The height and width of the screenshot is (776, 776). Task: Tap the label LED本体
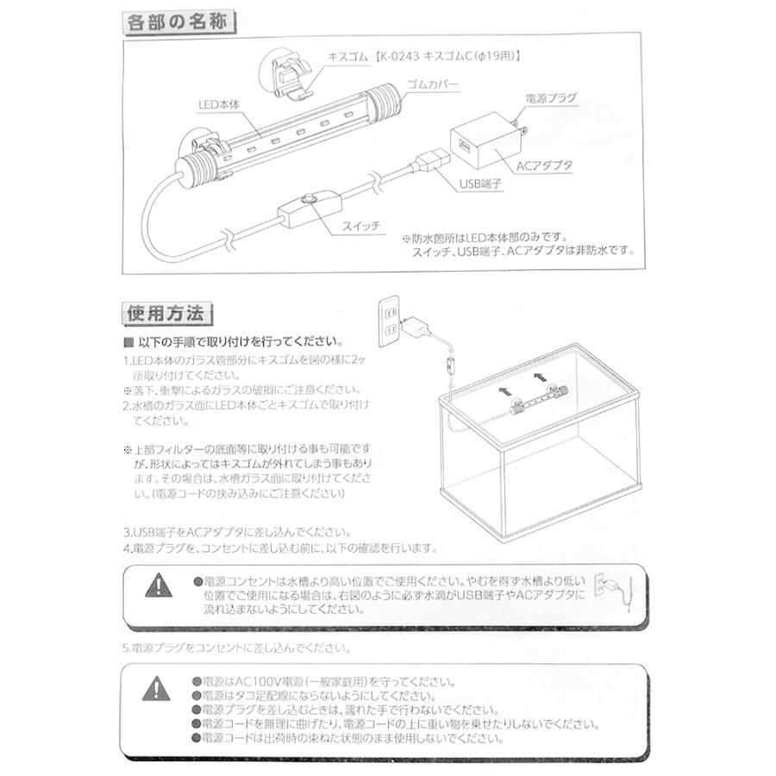[218, 103]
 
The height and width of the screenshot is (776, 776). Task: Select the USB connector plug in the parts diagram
[430, 161]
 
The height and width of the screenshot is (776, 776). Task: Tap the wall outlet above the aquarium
[388, 318]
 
